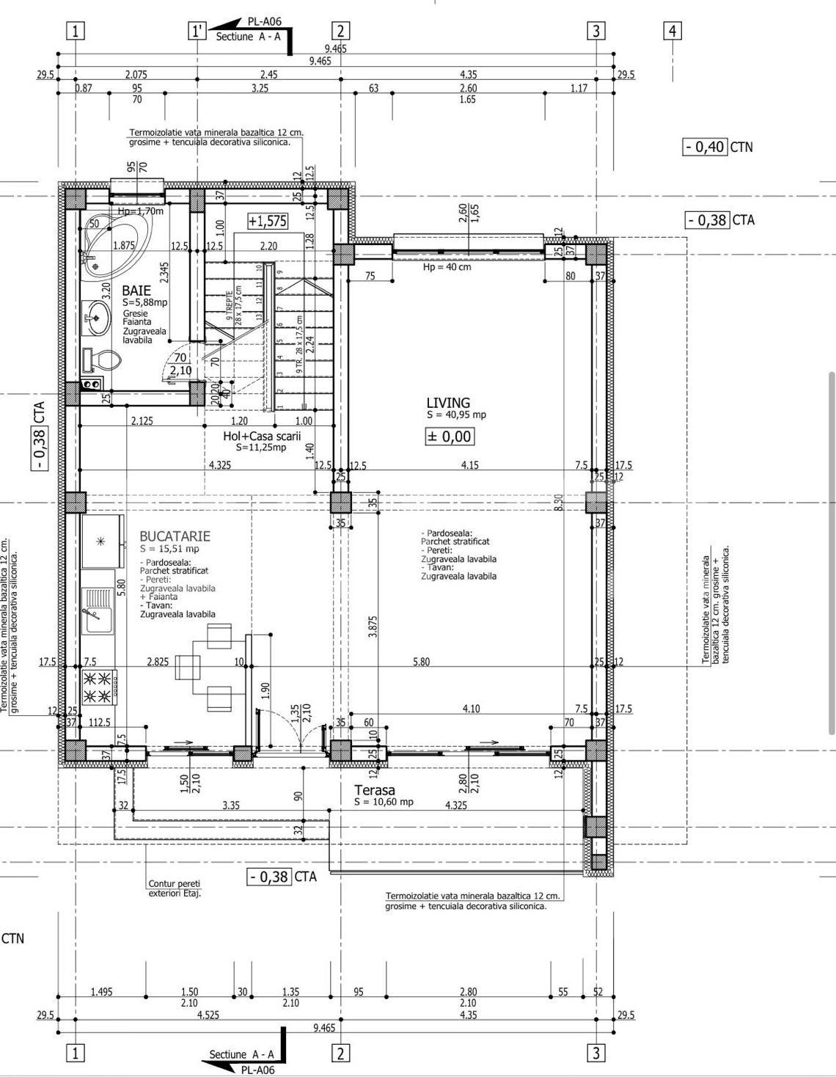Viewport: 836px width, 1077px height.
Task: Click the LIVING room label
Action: (448, 403)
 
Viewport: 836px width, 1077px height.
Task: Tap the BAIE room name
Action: (136, 291)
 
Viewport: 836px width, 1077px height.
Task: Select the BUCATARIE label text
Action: (175, 537)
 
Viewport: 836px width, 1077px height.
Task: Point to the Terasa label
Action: (374, 790)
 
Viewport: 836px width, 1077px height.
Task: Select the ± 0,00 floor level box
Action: (450, 437)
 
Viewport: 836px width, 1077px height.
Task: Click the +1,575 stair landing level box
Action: (267, 221)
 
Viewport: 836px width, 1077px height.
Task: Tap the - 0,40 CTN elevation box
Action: (705, 147)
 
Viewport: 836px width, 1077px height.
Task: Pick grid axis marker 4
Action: (672, 31)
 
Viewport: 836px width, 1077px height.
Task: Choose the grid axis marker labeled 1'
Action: (197, 31)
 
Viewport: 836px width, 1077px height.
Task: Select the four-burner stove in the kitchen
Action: (98, 686)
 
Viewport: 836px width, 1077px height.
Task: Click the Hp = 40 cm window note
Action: (447, 267)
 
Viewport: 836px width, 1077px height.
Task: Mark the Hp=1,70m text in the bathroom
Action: (141, 211)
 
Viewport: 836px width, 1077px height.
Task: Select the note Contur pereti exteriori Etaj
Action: (175, 888)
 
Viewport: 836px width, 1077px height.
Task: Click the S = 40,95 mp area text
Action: (456, 415)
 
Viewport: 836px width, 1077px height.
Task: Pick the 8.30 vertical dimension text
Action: (559, 503)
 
